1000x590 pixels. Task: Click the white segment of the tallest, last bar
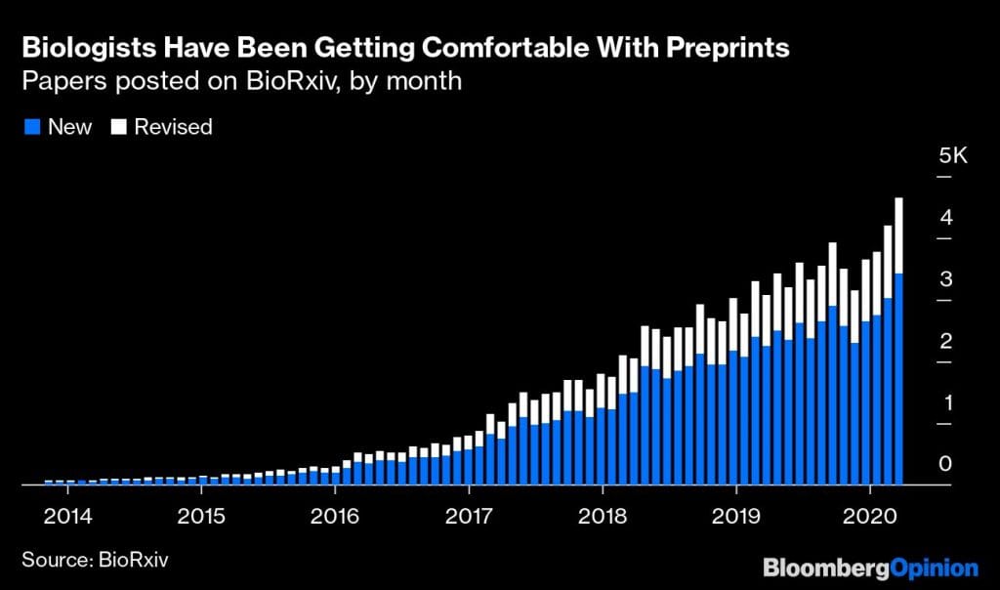point(897,234)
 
